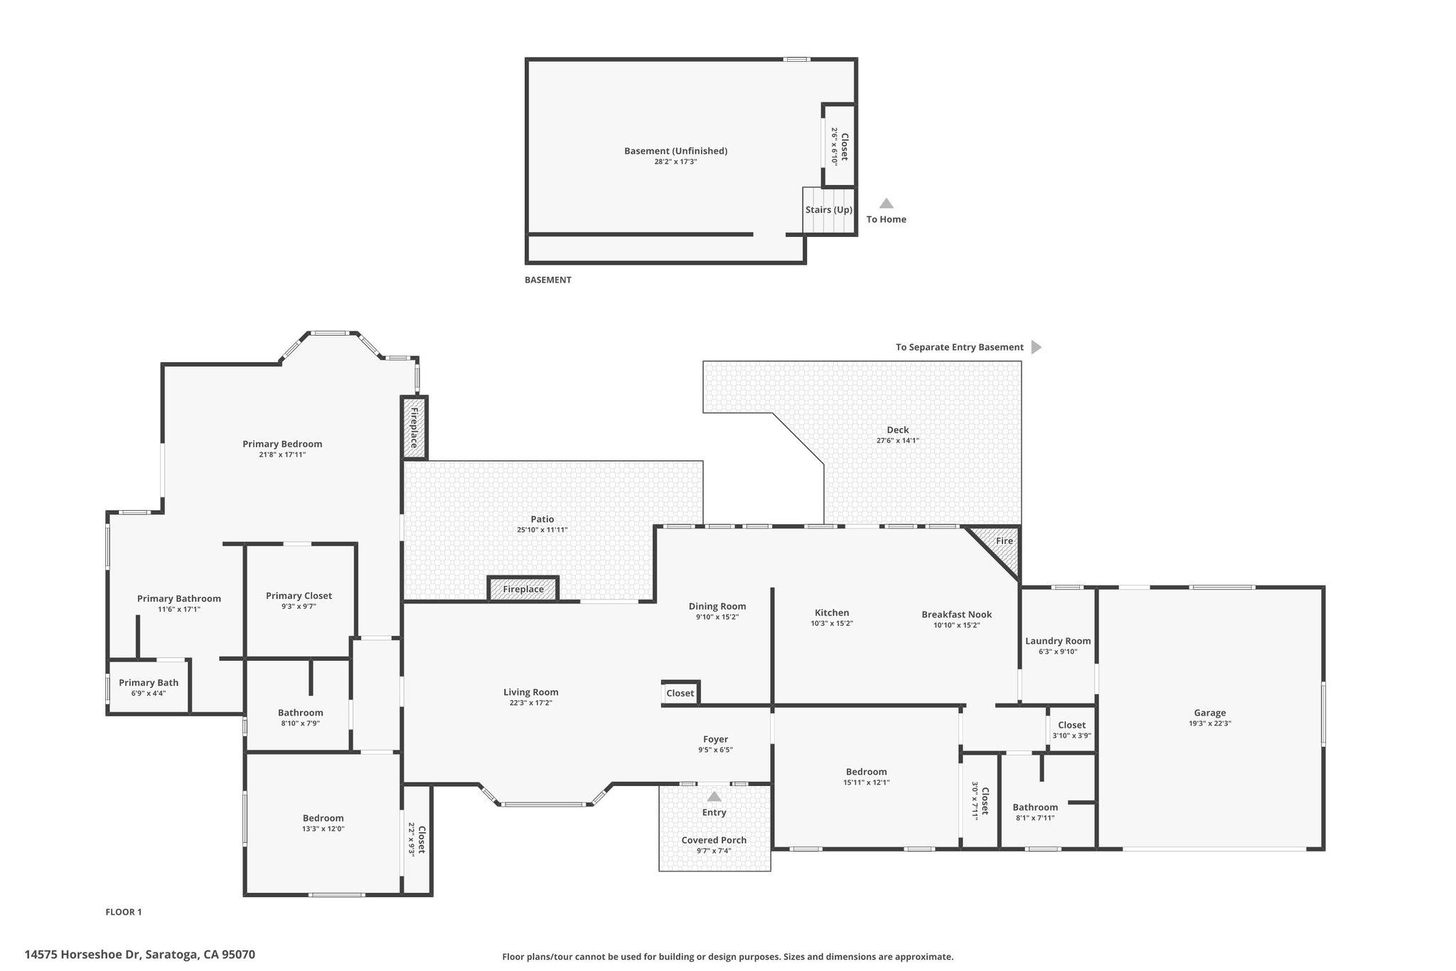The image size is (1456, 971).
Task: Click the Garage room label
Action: click(x=1209, y=713)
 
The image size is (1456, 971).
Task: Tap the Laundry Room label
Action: click(x=1058, y=641)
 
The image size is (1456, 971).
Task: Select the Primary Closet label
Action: click(x=299, y=596)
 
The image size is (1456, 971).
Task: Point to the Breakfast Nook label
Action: click(x=956, y=615)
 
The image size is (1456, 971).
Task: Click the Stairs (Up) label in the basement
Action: click(x=829, y=210)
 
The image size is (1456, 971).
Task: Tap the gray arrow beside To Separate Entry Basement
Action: click(x=1037, y=347)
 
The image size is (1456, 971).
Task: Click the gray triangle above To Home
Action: click(x=887, y=203)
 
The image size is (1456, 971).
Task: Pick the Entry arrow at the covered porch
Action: click(x=714, y=796)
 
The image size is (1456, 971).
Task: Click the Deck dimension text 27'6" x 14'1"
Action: click(x=897, y=440)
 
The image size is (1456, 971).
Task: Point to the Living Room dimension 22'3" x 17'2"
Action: click(x=530, y=703)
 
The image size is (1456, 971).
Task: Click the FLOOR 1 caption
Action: click(x=124, y=912)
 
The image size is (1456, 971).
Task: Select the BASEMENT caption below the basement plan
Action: click(x=548, y=280)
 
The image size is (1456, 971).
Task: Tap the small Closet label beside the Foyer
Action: click(x=680, y=693)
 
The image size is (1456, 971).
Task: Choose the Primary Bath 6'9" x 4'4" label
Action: click(x=149, y=687)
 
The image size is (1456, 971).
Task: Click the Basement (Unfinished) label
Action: click(x=675, y=151)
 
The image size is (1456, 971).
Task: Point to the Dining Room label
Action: click(x=717, y=607)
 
